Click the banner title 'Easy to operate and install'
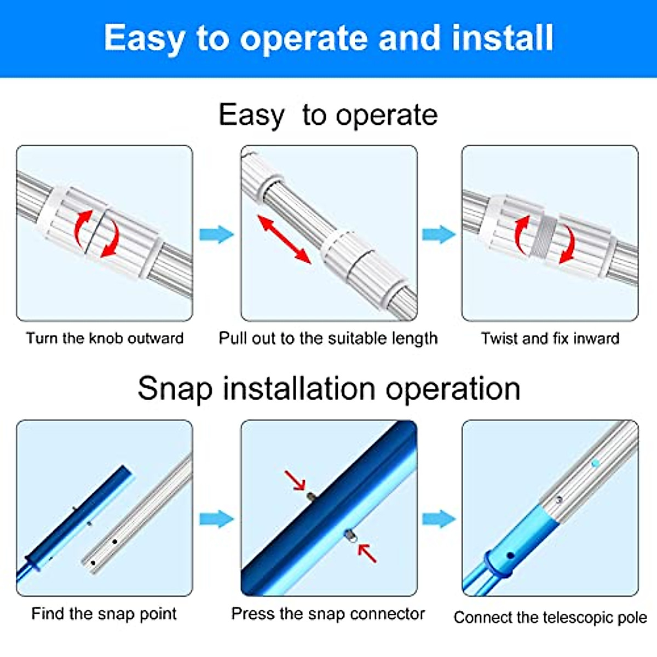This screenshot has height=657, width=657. tap(328, 38)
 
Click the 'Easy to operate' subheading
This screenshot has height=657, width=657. tap(328, 115)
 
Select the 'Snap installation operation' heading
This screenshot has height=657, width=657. tap(328, 389)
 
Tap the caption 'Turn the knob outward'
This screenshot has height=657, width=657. tap(105, 338)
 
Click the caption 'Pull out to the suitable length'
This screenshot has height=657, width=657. tap(328, 338)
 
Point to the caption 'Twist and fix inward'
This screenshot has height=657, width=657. tap(550, 338)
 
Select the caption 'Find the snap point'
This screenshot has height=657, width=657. tap(104, 614)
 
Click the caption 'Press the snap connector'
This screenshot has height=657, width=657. tap(328, 614)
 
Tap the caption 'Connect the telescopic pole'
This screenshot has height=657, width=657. tap(550, 618)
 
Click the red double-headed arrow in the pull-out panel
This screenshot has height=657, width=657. tap(284, 239)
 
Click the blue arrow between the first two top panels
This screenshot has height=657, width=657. tap(216, 234)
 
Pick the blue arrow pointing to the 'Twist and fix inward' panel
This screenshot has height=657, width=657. tap(439, 234)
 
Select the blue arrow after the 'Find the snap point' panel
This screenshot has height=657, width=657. tap(216, 518)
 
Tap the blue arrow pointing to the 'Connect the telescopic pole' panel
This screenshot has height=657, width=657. tap(439, 518)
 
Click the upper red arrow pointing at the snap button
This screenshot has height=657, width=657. tap(295, 480)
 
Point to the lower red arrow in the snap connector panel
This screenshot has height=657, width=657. tap(367, 553)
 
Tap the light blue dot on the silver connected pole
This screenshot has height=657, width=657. tap(595, 463)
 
